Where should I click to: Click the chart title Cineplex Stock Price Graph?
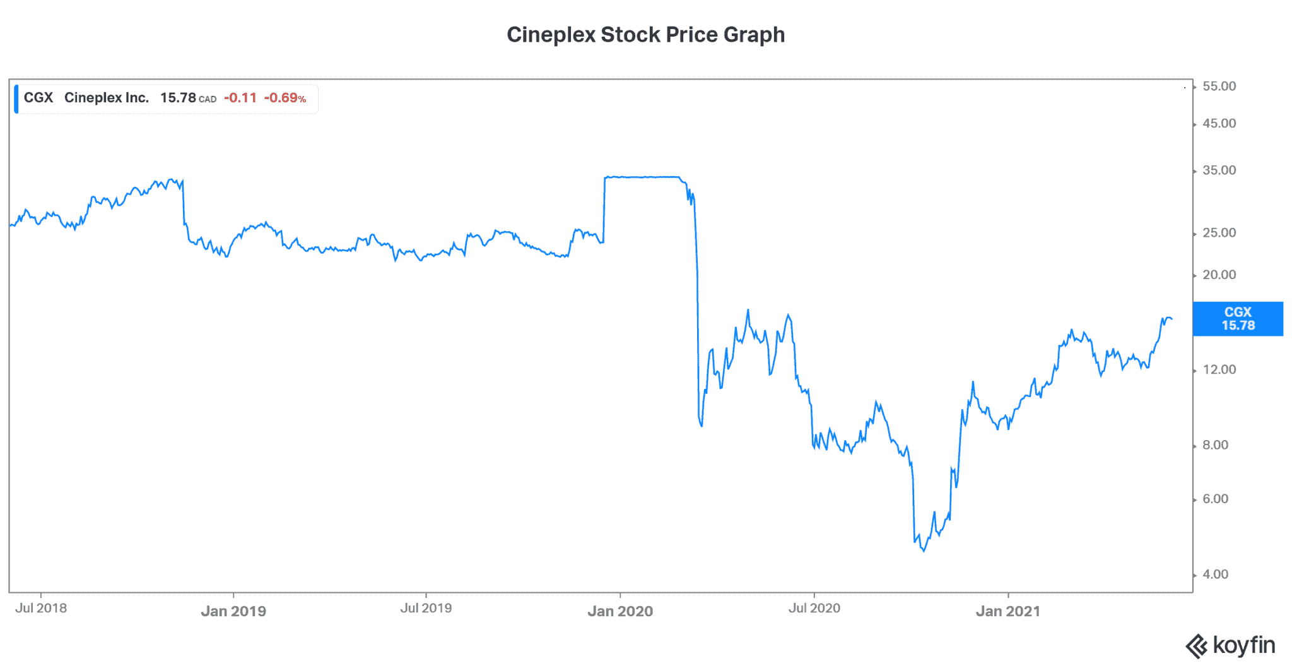click(x=645, y=35)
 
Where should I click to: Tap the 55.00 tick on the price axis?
click(x=1219, y=86)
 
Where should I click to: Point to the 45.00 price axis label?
click(x=1219, y=124)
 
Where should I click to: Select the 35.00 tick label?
click(x=1219, y=170)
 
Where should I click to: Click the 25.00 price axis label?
click(x=1219, y=233)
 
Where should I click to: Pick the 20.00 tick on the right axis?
click(x=1219, y=275)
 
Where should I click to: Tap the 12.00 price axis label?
click(x=1219, y=369)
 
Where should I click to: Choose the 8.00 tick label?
click(x=1215, y=445)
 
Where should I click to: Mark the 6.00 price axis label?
click(x=1215, y=499)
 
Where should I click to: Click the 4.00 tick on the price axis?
click(x=1215, y=575)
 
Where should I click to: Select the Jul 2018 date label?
click(x=41, y=608)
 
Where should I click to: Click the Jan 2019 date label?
click(x=233, y=611)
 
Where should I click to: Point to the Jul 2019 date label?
click(x=426, y=608)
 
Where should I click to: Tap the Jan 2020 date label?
click(x=620, y=611)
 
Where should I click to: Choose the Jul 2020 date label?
click(x=814, y=608)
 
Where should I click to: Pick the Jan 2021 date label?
click(x=1007, y=611)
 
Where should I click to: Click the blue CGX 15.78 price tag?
click(x=1238, y=319)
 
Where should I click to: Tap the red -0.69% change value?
click(x=285, y=98)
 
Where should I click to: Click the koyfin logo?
click(x=1230, y=646)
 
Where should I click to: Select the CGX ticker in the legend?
click(x=38, y=98)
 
